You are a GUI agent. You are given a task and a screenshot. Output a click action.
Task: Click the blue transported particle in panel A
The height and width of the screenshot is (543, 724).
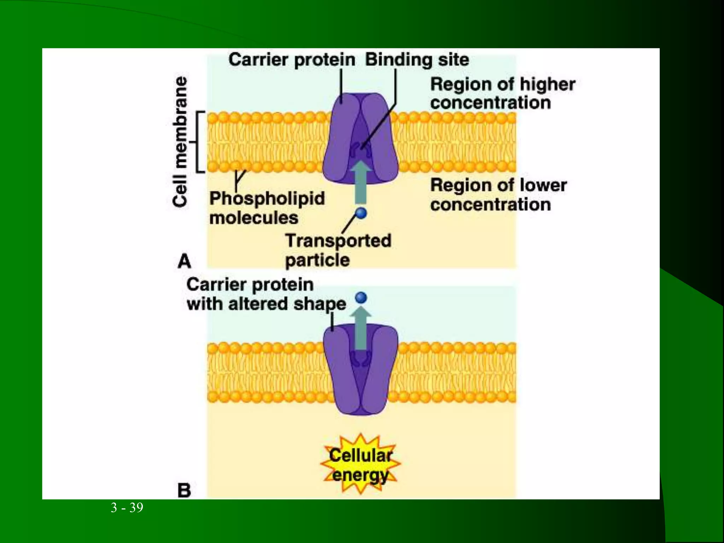(361, 213)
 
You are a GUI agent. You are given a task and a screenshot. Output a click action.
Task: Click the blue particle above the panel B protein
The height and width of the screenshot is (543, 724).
(361, 298)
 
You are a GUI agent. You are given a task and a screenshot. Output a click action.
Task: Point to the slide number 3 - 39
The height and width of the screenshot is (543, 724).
(127, 508)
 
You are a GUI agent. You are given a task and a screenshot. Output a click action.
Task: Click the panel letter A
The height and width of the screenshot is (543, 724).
(184, 262)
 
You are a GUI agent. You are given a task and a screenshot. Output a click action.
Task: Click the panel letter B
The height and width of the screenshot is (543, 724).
(184, 490)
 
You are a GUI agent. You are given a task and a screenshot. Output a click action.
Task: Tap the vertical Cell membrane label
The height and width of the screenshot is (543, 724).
(180, 141)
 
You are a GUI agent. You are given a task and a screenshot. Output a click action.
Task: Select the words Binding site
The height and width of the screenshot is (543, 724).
(417, 59)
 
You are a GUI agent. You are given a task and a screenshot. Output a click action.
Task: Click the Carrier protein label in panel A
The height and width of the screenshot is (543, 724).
(292, 59)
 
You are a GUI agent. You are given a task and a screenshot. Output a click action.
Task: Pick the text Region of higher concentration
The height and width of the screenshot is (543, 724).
(502, 94)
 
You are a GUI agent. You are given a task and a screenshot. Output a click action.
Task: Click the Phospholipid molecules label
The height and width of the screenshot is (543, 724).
(267, 208)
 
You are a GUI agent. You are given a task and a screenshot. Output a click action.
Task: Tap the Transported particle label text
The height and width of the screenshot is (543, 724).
(338, 250)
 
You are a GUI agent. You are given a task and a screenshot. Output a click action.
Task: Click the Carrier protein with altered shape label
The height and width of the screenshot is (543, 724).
(266, 294)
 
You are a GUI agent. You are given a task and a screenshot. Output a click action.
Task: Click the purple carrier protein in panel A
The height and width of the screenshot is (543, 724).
(339, 141)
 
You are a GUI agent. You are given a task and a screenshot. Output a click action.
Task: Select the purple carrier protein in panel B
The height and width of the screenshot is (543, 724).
(339, 371)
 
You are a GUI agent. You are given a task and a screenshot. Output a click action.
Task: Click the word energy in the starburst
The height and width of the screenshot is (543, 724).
(360, 475)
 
